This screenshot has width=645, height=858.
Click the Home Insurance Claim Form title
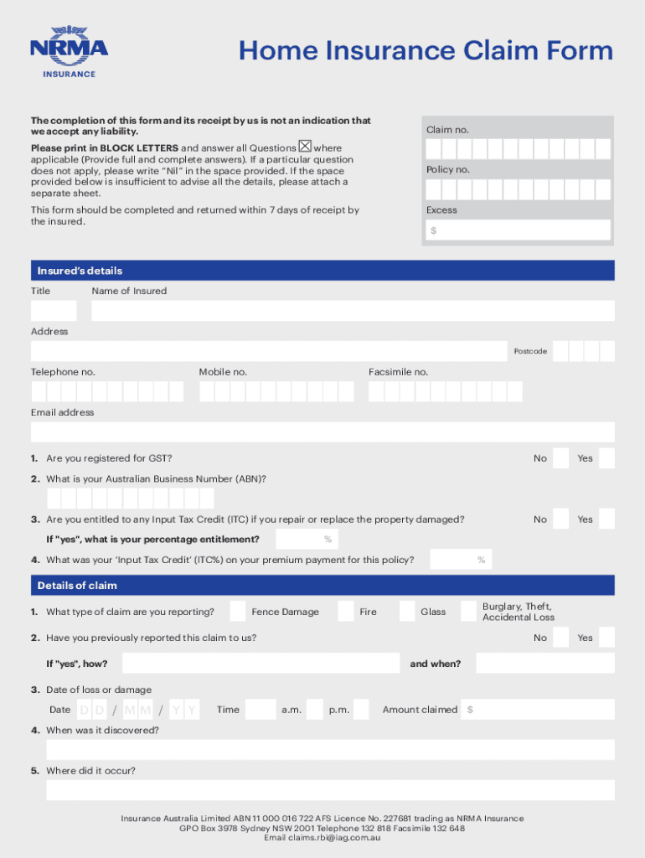point(426,51)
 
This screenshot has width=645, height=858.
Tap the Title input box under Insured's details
point(53,311)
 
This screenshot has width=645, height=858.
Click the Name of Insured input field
point(353,311)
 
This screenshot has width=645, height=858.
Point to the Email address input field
point(322,432)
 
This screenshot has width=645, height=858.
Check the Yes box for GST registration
point(606,458)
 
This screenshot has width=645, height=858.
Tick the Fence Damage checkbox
point(238,611)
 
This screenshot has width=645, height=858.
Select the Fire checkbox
point(346,611)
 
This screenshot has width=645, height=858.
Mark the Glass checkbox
point(407,611)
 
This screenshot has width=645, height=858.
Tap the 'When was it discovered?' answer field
point(330,750)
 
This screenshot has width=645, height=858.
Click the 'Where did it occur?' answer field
point(330,790)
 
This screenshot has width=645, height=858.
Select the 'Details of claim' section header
point(322,585)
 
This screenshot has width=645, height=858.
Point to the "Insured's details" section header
point(322,271)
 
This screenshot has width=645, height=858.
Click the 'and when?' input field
point(544,664)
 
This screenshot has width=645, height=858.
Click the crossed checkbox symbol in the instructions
point(305,147)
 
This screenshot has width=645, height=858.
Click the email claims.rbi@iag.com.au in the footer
point(322,838)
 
